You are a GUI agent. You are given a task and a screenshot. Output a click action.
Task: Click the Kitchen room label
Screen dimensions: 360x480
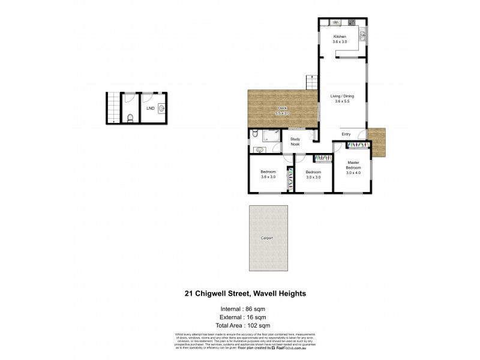point(341,37)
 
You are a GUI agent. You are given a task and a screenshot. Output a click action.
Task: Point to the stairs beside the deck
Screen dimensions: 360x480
point(311,82)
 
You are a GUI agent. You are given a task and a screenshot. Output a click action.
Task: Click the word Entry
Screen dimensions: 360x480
point(347,134)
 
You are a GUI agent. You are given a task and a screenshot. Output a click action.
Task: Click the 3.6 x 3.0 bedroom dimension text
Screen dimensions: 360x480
point(268,176)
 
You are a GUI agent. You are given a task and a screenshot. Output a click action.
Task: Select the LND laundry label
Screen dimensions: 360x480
point(151,109)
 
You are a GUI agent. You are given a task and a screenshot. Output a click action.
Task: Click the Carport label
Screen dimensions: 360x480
point(267,238)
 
